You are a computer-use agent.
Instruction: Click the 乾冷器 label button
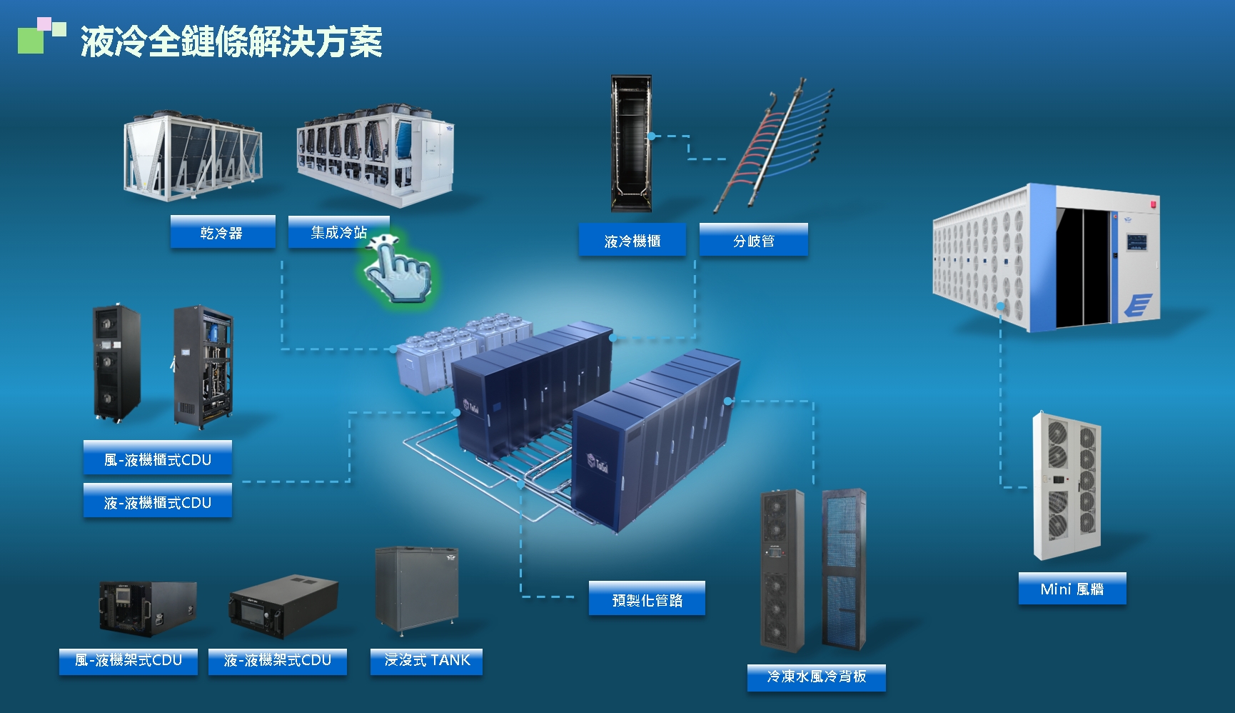[222, 232]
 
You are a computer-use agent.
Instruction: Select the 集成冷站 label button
[338, 232]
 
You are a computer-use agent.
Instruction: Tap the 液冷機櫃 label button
[632, 241]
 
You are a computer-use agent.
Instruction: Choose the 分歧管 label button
[753, 241]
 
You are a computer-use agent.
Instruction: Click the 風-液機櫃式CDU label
[157, 459]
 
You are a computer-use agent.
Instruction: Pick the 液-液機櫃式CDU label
[157, 502]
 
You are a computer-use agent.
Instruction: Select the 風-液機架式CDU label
[128, 660]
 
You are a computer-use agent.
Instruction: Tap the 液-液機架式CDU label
[278, 660]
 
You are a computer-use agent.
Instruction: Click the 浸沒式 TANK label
[427, 660]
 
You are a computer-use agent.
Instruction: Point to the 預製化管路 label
[647, 600]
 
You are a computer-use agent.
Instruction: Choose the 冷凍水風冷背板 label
[816, 676]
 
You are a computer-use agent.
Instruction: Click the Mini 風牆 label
[1072, 589]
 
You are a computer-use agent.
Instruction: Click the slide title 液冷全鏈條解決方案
[231, 41]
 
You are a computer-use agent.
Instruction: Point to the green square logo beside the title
[31, 40]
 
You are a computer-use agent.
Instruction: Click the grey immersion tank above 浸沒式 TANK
[417, 590]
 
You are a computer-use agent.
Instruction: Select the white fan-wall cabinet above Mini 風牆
[1067, 486]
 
